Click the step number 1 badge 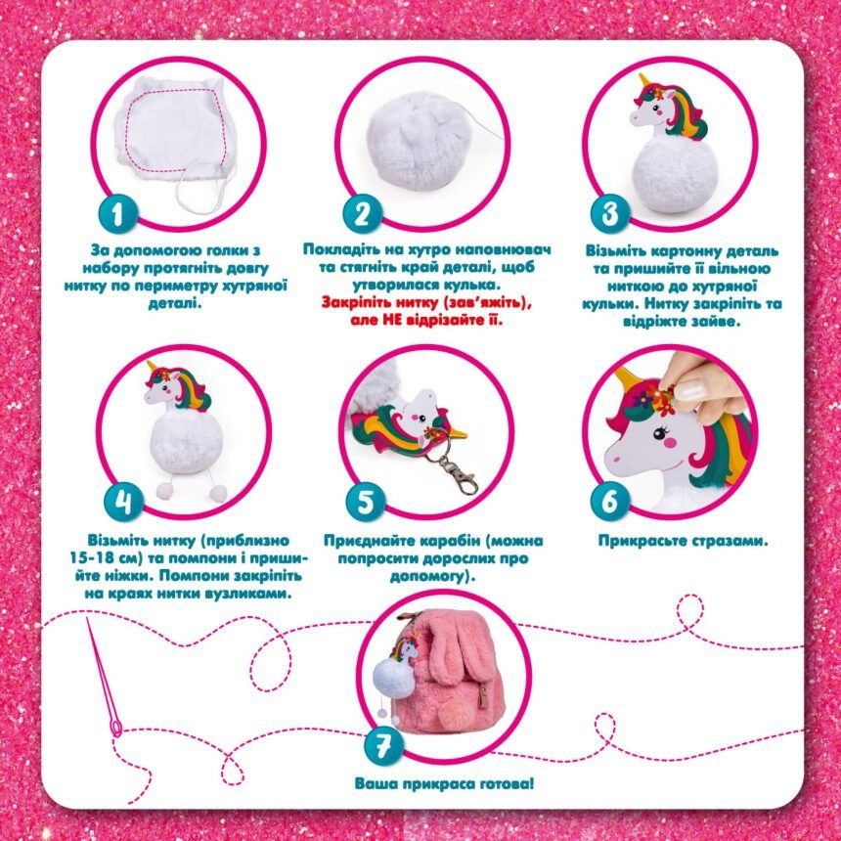coord(118,214)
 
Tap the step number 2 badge coord(363,214)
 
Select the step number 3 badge coord(610,213)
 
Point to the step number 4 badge coord(123,503)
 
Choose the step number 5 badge coord(366,503)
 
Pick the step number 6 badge coord(610,502)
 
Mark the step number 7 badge coord(382,746)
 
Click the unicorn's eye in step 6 coord(660,430)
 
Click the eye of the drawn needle coord(115,728)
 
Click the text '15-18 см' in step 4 coord(104,558)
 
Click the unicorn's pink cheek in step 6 coord(669,443)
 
